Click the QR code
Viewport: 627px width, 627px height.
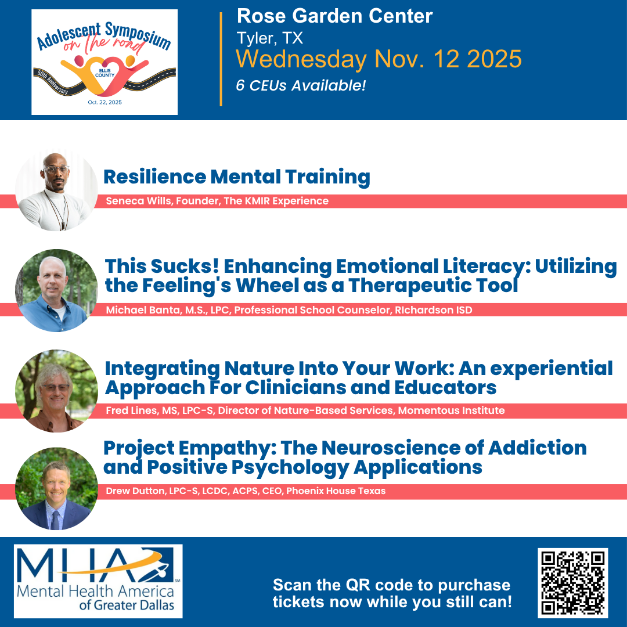click(x=572, y=583)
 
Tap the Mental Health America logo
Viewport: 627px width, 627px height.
click(x=98, y=581)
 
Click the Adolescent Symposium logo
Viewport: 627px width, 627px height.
click(x=105, y=62)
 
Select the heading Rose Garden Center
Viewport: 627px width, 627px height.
click(x=335, y=16)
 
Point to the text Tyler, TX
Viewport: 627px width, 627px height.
click(x=270, y=38)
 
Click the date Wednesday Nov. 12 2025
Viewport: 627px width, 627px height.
click(x=379, y=59)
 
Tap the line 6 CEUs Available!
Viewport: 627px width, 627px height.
click(x=301, y=85)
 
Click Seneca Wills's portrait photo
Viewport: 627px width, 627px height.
click(x=56, y=190)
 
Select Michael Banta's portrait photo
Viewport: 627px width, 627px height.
click(x=56, y=290)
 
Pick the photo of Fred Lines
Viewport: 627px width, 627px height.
click(x=56, y=391)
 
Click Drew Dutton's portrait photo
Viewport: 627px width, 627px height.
click(x=56, y=489)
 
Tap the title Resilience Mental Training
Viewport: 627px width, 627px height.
click(x=237, y=177)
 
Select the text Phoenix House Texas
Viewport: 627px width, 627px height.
click(x=336, y=491)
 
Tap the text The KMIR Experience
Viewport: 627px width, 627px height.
click(x=276, y=201)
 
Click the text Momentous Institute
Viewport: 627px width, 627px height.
click(x=451, y=410)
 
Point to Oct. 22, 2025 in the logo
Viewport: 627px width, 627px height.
click(x=105, y=102)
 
